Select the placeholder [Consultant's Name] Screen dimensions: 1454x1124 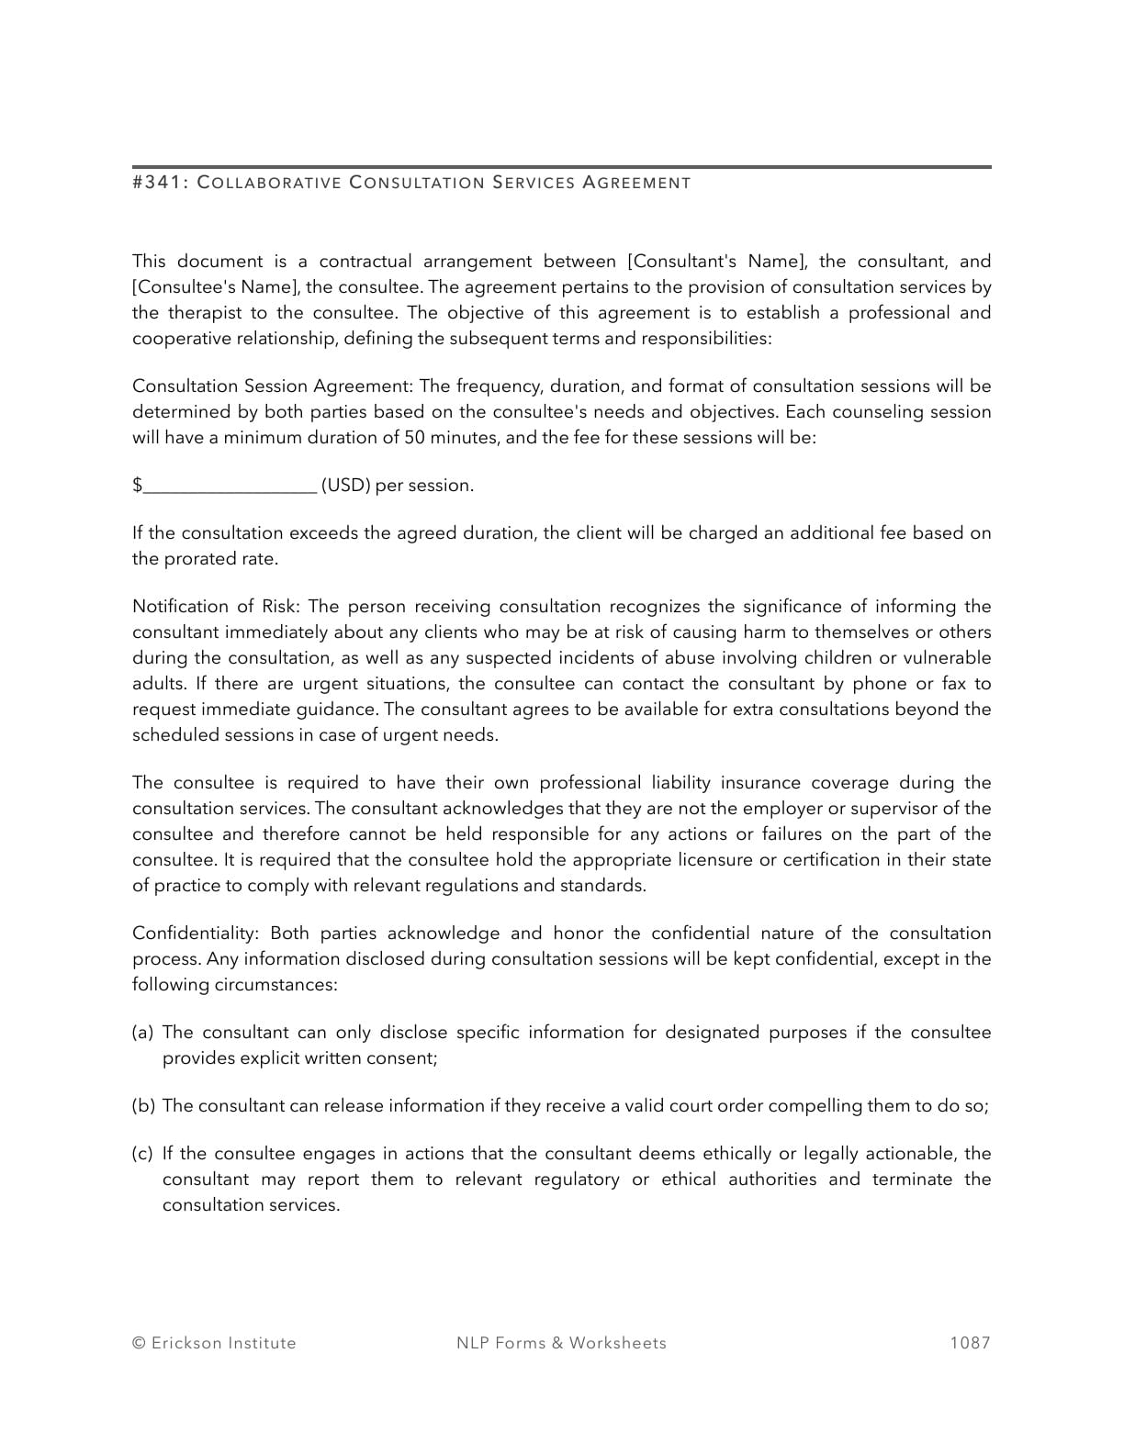click(x=716, y=262)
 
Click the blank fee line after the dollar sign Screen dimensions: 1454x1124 click(x=230, y=486)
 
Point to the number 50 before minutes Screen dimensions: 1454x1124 click(x=414, y=438)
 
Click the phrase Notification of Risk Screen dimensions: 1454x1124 click(x=217, y=607)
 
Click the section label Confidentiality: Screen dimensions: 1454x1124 click(x=197, y=934)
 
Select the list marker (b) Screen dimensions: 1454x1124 click(x=143, y=1106)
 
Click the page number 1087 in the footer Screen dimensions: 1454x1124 click(x=970, y=1343)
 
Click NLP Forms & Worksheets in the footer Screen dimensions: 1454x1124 click(x=561, y=1343)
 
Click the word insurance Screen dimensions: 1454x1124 click(x=758, y=783)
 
